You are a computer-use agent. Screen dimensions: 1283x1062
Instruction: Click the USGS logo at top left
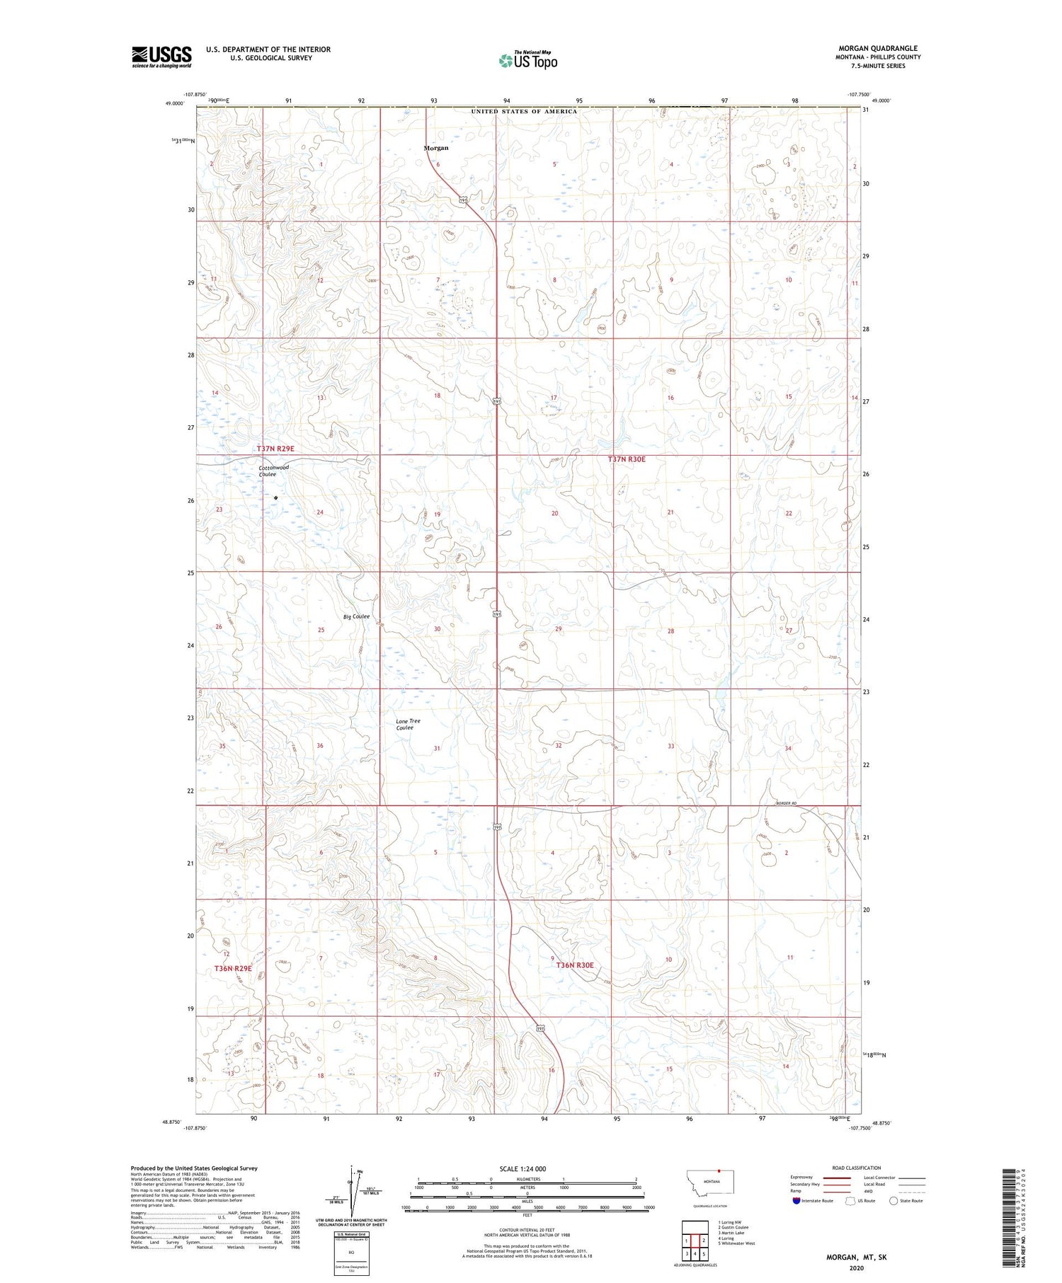[x=161, y=57]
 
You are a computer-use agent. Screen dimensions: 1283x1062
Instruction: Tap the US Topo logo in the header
[x=527, y=60]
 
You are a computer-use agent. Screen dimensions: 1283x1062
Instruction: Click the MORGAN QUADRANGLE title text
[x=878, y=48]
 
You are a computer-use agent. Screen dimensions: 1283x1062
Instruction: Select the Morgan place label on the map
[x=436, y=148]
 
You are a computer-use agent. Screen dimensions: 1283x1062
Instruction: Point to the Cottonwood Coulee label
[x=273, y=471]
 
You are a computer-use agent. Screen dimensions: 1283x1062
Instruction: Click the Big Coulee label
[x=356, y=616]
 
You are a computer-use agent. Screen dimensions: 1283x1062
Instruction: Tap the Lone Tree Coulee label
[x=407, y=724]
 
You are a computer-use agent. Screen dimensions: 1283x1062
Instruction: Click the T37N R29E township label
[x=275, y=449]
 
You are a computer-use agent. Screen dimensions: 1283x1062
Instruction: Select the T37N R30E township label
[x=627, y=459]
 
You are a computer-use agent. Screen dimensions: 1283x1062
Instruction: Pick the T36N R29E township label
[x=233, y=967]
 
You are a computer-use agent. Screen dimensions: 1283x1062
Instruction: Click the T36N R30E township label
[x=574, y=965]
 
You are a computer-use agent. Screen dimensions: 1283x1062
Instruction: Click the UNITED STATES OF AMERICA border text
[x=524, y=111]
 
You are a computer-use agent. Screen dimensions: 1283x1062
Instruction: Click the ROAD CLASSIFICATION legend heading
[x=857, y=1168]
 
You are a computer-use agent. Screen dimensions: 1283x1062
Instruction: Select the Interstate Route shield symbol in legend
[x=796, y=1201]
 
